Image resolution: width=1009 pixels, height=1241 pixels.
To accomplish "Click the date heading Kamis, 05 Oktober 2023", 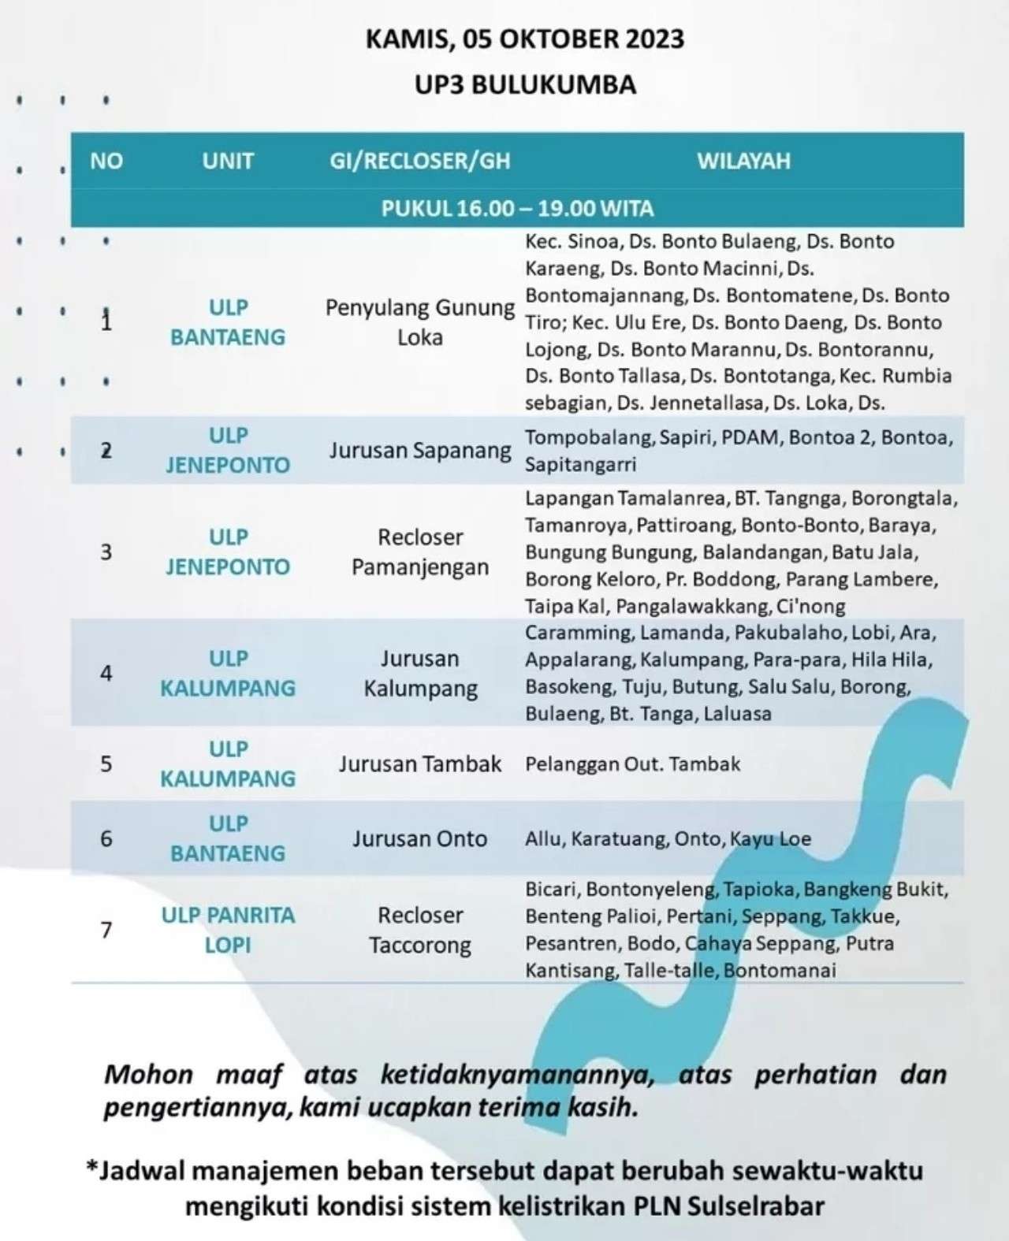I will point(524,39).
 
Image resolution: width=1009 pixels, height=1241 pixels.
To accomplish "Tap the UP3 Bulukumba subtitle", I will point(525,84).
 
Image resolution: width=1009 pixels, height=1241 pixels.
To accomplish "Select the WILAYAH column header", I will point(743,162).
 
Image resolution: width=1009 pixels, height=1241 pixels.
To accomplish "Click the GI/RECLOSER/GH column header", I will point(419,162).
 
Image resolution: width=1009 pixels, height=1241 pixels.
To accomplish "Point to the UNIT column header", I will point(228,162).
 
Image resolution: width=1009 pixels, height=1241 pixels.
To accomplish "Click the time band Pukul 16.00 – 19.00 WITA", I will point(517,209).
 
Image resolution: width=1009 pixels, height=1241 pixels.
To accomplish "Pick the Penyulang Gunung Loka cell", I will point(420,322).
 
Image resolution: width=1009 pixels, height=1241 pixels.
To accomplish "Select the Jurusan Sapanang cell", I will point(420,451).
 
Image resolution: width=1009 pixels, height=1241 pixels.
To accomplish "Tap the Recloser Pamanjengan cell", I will point(420,552).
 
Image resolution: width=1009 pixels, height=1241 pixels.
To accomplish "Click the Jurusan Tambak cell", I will point(420,764).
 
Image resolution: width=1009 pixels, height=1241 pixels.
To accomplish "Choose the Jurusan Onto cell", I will point(420,838).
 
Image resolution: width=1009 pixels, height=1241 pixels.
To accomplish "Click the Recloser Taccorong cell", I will point(420,930).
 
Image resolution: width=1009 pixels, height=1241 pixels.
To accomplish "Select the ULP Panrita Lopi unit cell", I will point(228,930).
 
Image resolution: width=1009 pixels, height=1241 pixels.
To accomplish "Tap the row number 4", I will point(106,673).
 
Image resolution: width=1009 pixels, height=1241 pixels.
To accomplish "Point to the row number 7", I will point(106,930).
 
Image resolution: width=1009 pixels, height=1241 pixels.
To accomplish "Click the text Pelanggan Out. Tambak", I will point(633,764).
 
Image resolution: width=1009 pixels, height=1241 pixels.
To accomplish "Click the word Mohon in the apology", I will point(148,1074).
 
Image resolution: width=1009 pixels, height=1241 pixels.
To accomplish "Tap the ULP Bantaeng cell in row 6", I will point(228,838).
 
